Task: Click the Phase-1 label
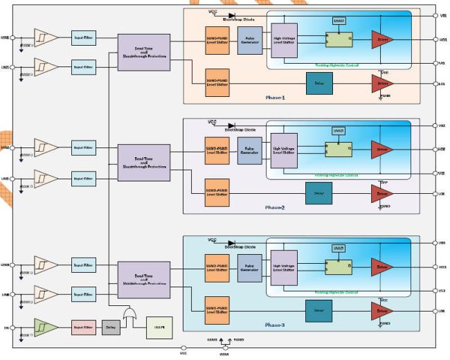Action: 275,97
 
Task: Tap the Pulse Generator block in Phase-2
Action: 249,150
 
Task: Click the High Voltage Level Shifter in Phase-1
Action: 285,42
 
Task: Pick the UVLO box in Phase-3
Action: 339,247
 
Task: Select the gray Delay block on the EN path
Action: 111,327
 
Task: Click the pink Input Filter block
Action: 83,327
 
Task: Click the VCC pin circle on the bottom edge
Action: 183,348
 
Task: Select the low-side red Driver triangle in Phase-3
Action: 381,312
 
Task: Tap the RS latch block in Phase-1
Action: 339,40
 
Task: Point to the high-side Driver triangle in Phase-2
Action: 381,150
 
